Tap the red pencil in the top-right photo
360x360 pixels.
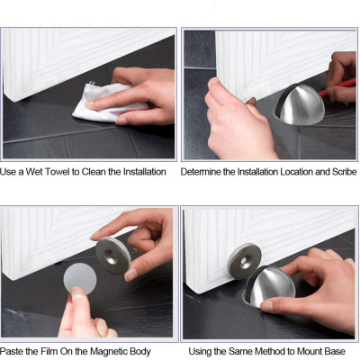(343, 86)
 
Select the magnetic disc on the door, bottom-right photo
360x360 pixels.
(244, 262)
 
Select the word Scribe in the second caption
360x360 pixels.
(339, 171)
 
